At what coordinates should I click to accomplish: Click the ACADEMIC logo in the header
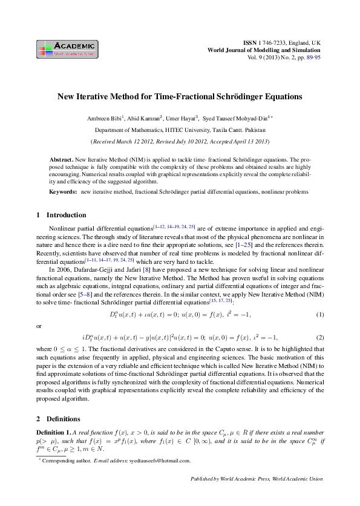click(67, 49)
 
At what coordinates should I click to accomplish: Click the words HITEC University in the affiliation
click(187, 130)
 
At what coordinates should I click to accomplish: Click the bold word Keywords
click(62, 191)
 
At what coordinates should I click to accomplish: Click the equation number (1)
click(320, 315)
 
